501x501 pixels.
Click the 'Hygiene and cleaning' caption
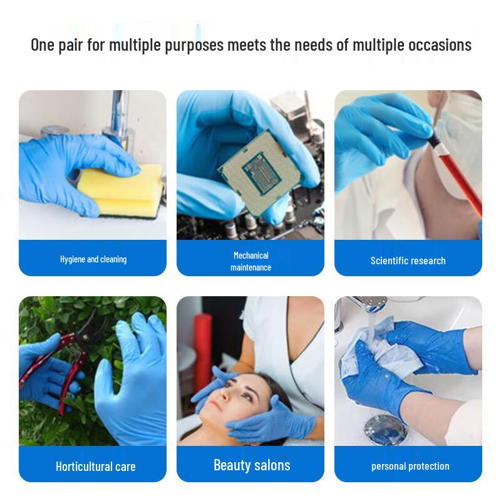(93, 259)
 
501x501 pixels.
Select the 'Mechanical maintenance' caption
(250, 261)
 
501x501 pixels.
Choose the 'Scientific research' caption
(408, 261)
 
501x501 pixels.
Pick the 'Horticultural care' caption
(95, 467)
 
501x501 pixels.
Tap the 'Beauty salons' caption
(252, 465)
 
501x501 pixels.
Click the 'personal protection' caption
(410, 466)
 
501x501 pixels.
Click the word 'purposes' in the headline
(195, 45)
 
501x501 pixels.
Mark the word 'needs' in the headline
(309, 45)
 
